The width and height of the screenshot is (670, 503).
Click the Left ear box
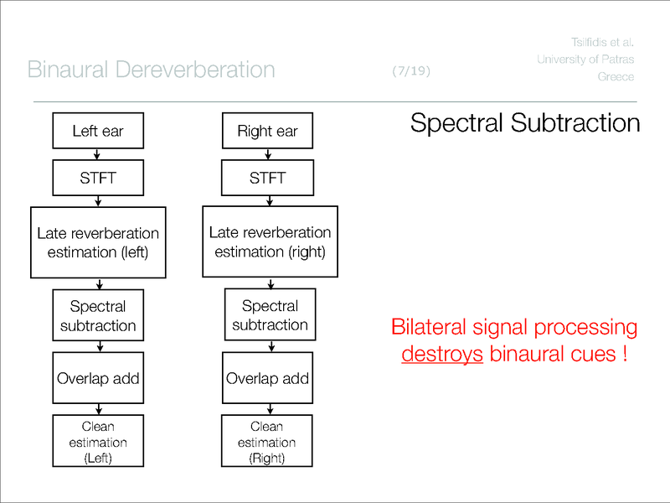(x=98, y=132)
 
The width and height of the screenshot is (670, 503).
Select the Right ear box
(x=267, y=132)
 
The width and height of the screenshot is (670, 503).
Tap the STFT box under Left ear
(x=98, y=178)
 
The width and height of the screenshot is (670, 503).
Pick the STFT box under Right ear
(x=267, y=178)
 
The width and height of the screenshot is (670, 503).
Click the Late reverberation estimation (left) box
(x=98, y=241)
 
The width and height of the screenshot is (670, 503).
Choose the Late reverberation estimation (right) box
(x=270, y=241)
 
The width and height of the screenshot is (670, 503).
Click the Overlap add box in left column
(x=98, y=377)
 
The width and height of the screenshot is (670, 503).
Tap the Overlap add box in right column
(x=267, y=377)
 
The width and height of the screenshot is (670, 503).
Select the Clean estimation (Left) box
(x=98, y=443)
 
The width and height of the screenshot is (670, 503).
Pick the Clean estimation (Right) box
(x=267, y=443)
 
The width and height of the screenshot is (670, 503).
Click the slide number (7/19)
(x=410, y=71)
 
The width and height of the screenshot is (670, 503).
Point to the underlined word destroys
(x=442, y=354)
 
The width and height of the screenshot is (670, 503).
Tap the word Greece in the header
(x=616, y=77)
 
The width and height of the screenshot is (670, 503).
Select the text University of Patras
(x=585, y=59)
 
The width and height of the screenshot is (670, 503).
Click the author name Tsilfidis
(x=585, y=41)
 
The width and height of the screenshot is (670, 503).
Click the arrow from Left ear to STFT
(x=98, y=153)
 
